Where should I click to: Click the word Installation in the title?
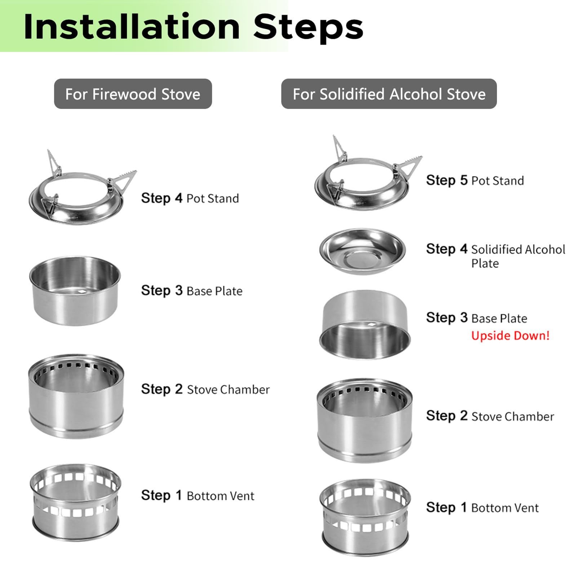(132, 27)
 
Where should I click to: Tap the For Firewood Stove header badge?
(133, 94)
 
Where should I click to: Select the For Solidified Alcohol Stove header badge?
(389, 94)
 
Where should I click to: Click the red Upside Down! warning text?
(510, 336)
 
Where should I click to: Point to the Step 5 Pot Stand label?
(475, 180)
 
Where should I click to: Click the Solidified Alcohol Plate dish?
(363, 251)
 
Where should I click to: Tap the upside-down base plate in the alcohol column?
(365, 324)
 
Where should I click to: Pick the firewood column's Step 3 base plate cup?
(75, 291)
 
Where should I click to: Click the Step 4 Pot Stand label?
(190, 198)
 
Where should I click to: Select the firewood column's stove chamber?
(76, 396)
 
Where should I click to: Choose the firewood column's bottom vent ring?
(75, 502)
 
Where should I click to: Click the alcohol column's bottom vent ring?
(365, 517)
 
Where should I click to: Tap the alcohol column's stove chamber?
(365, 421)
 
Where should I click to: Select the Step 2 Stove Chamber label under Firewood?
(205, 389)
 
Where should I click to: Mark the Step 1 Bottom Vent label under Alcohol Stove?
(482, 507)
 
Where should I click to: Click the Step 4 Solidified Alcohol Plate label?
(496, 256)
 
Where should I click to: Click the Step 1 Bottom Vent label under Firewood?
(197, 496)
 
